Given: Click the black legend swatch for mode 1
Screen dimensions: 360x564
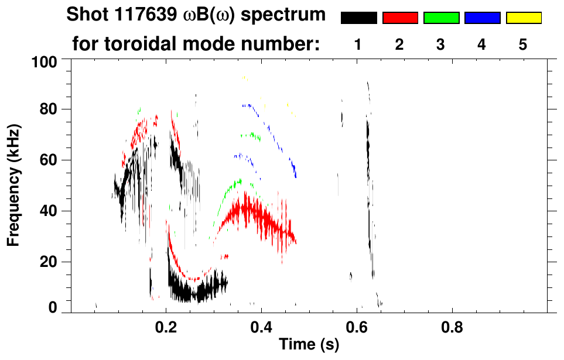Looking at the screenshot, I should [x=358, y=18].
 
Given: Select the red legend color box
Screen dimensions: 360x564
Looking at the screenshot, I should [x=400, y=18].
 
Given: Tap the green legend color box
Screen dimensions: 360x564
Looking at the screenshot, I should [x=441, y=18].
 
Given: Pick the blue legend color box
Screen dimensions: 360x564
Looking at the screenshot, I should [x=482, y=18].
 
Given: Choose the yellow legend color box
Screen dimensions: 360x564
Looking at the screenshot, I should [x=523, y=18].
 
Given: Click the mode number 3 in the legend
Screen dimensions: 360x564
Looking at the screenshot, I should [x=441, y=45].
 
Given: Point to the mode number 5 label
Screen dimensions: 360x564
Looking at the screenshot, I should [x=523, y=45].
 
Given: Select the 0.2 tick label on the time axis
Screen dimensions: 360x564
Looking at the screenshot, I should [x=166, y=326].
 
